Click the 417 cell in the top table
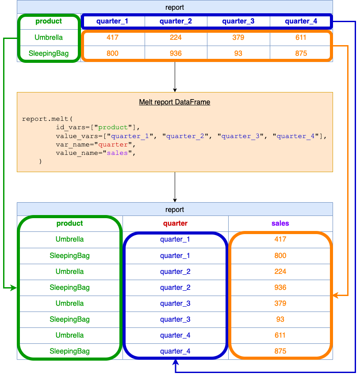[112, 38]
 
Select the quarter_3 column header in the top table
[238, 21]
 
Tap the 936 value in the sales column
[280, 288]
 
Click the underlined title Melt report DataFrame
[174, 102]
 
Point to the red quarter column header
[175, 223]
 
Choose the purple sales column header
[280, 223]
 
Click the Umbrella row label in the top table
[49, 38]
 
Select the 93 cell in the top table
[238, 54]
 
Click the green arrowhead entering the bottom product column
[14, 288]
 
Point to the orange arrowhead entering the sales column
[336, 295]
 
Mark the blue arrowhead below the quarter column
[176, 362]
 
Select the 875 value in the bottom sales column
[280, 351]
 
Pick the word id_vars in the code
[69, 127]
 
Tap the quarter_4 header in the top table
[301, 21]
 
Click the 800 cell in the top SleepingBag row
[112, 54]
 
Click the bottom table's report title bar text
[175, 210]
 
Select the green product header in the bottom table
[69, 223]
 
